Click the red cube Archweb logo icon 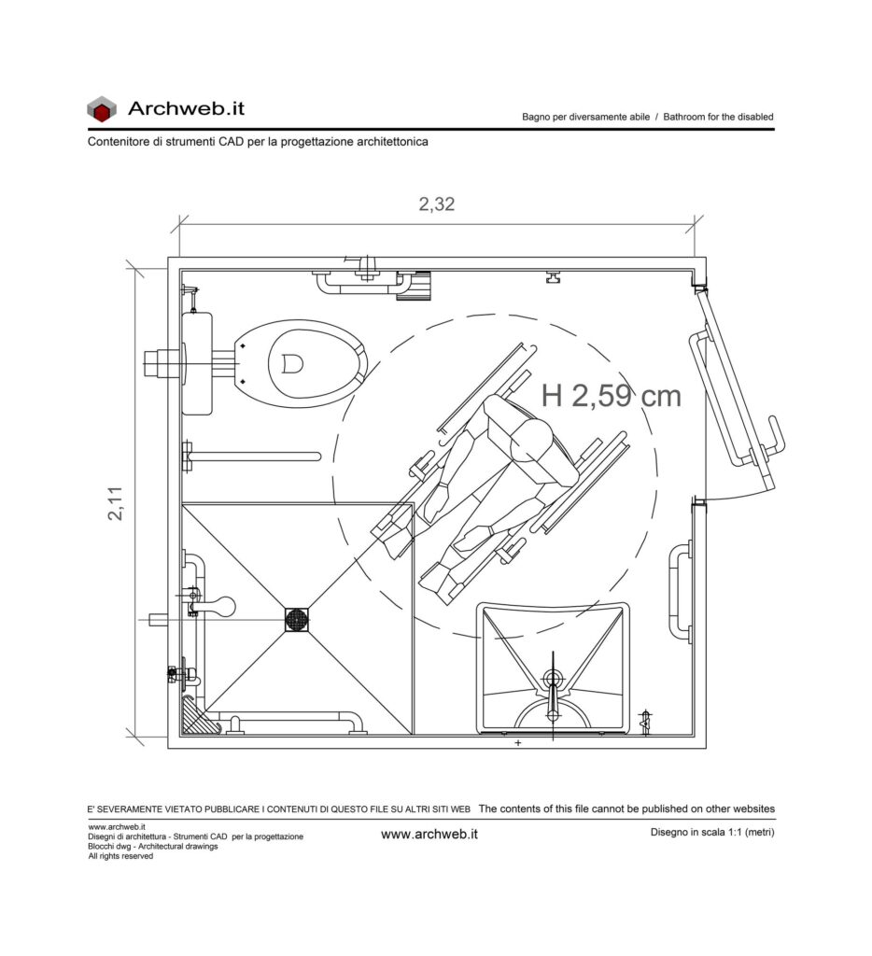(101, 108)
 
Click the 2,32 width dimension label (437, 204)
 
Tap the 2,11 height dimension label (115, 503)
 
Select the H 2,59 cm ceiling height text (611, 396)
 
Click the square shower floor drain (297, 620)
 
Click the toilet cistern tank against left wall (197, 363)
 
